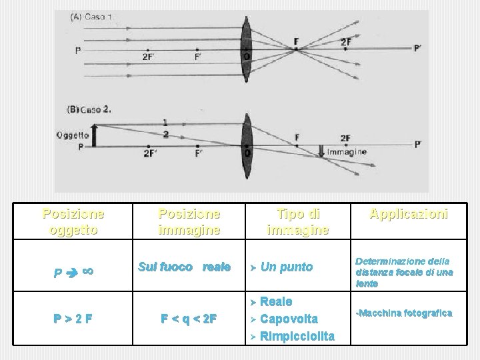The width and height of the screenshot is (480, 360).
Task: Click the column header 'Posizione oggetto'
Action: point(74,222)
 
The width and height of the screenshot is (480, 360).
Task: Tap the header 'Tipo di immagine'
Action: point(297,222)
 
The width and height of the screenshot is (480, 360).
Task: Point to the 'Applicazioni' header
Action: point(409,215)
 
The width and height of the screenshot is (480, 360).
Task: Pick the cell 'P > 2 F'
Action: point(73,319)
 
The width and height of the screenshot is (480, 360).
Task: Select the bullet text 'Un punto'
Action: point(287,267)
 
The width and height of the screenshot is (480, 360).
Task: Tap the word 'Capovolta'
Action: point(289,319)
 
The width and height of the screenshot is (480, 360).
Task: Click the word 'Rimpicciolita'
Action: point(297,336)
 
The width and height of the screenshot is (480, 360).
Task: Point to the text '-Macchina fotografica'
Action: point(404,313)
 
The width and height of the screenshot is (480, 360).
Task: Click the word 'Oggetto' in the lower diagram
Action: point(72,135)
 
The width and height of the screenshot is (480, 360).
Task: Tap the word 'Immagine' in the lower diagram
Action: point(347,152)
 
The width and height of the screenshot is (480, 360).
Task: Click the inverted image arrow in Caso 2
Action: point(323,151)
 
